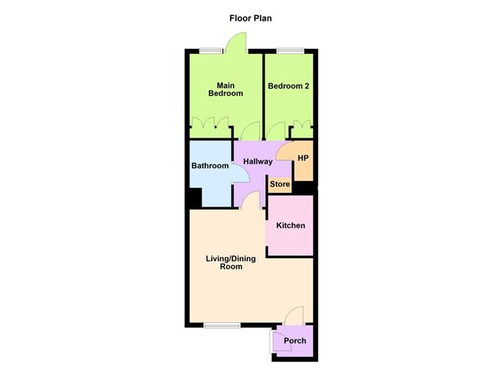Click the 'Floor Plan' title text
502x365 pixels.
[x=251, y=18]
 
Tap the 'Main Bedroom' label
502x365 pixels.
[x=225, y=89]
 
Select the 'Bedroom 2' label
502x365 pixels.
[x=289, y=86]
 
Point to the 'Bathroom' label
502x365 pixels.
[x=209, y=166]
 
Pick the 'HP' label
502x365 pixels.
[x=303, y=158]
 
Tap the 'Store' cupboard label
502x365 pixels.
[x=280, y=183]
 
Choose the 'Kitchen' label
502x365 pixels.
[x=290, y=225]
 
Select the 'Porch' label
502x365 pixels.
[x=294, y=341]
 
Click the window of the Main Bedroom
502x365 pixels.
[x=212, y=50]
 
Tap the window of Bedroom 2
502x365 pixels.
[x=289, y=50]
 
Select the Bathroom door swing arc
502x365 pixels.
[x=242, y=174]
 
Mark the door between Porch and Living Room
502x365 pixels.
[x=295, y=316]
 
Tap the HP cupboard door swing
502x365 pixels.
[x=285, y=151]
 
